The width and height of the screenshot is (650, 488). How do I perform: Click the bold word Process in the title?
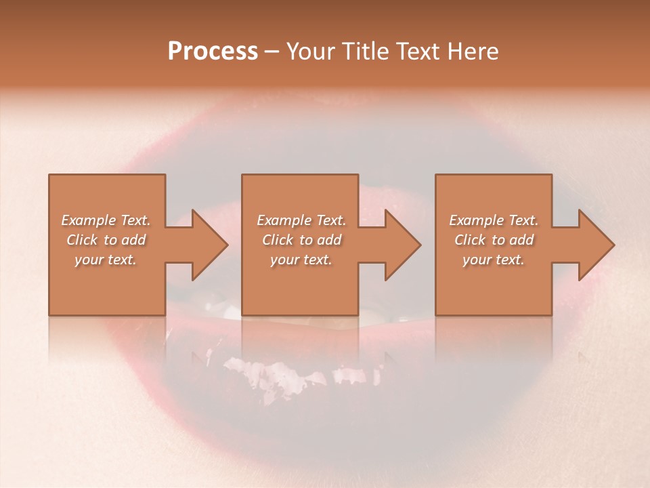click(x=213, y=52)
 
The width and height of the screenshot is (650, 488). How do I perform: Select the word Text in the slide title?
click(x=420, y=52)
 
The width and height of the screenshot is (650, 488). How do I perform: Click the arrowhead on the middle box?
click(x=399, y=245)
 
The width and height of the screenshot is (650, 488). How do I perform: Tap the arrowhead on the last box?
click(x=592, y=245)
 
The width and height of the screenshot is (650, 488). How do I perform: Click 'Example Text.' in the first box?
click(x=106, y=220)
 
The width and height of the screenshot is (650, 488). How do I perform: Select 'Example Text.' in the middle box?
click(x=301, y=220)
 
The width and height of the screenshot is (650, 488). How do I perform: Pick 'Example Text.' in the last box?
click(x=494, y=220)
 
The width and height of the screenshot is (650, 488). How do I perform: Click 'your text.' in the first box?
click(x=106, y=260)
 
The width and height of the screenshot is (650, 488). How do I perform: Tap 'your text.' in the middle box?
click(x=301, y=260)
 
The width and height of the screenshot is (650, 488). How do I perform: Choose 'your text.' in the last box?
click(x=494, y=260)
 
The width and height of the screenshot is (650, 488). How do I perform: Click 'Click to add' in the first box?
click(x=106, y=240)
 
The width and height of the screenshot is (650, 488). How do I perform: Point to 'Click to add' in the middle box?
click(x=301, y=240)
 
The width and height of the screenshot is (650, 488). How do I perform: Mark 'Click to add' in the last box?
click(x=494, y=240)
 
